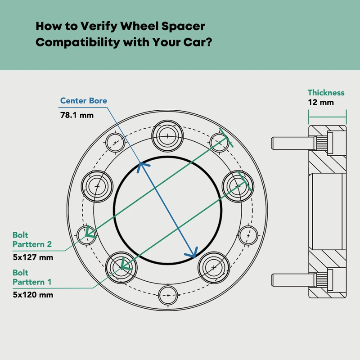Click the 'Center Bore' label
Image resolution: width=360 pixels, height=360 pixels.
pos(84,101)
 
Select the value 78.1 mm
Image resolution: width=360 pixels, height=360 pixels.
pos(77,115)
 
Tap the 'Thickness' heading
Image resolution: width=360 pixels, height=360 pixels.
pos(326,93)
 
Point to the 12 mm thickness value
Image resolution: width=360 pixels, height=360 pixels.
pos(320,103)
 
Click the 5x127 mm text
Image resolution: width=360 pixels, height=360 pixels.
pos(33,258)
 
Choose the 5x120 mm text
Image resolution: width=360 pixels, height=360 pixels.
pos(33,295)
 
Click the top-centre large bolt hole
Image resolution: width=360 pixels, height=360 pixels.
pos(167,135)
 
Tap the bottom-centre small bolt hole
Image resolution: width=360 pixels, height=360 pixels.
pos(168,295)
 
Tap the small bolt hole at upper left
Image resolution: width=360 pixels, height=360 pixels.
pos(115,143)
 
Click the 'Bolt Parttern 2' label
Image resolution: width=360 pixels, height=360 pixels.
pos(32,240)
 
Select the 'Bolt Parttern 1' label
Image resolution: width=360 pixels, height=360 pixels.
pos(32,277)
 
